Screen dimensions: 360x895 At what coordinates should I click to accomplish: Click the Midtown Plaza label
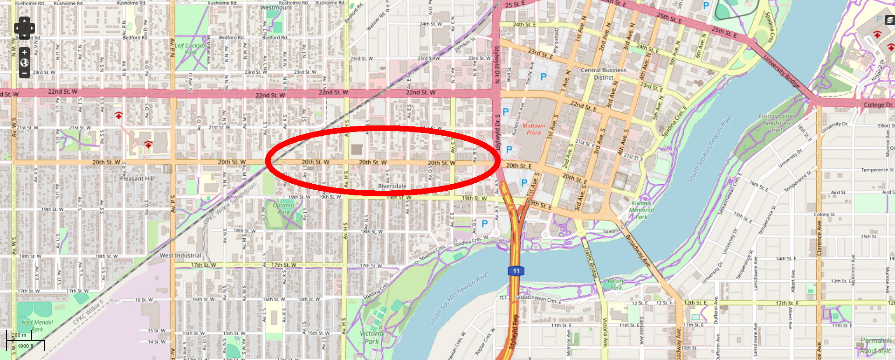click(x=534, y=129)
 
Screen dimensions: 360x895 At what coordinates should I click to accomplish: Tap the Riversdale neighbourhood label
click(x=392, y=186)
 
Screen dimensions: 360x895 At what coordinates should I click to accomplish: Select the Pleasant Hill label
click(x=137, y=179)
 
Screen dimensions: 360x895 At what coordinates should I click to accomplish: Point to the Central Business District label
click(x=604, y=74)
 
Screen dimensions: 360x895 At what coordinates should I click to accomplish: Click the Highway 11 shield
click(x=516, y=271)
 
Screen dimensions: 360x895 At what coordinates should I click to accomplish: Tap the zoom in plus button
click(x=24, y=52)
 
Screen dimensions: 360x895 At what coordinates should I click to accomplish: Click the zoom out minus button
click(x=24, y=73)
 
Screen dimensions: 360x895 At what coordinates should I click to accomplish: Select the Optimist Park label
click(x=283, y=208)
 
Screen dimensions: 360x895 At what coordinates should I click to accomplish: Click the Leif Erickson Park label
click(x=190, y=49)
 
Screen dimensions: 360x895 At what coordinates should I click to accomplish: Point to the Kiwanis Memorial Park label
click(x=641, y=210)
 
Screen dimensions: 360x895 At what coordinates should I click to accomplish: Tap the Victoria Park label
click(x=372, y=338)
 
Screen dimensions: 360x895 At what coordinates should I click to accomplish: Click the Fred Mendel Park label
click(x=37, y=325)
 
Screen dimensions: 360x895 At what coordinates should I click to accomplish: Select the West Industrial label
click(x=180, y=256)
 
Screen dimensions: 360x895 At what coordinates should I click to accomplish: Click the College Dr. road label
click(x=878, y=105)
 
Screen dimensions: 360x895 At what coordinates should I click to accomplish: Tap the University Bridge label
click(x=782, y=71)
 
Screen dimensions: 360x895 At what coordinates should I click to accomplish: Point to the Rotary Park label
click(x=616, y=284)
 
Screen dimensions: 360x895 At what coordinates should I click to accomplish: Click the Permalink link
click(x=875, y=340)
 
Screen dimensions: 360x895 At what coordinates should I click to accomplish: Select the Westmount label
click(x=276, y=7)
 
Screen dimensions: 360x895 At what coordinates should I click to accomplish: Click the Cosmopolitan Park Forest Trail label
click(x=777, y=123)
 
